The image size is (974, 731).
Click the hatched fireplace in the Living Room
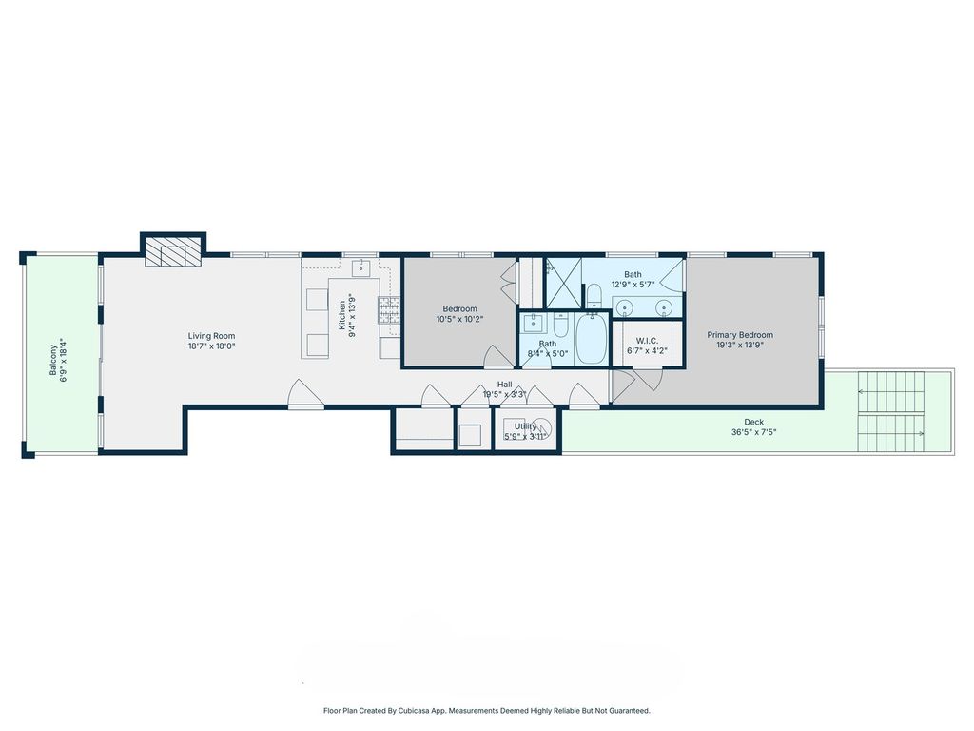173,251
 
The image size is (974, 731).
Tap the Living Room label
212,336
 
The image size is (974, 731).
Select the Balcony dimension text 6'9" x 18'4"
64,360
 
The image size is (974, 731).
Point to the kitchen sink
360,267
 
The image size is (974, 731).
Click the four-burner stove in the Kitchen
389,310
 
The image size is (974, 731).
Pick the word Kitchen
341,315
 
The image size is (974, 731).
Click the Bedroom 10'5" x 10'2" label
459,314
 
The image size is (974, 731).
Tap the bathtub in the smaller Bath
591,339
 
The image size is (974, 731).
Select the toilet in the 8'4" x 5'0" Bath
561,326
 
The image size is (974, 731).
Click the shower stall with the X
563,283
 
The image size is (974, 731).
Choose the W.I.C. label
647,341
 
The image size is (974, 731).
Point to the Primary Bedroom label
740,334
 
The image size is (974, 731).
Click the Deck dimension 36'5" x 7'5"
754,432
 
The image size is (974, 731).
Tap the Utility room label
525,426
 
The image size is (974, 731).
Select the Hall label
504,385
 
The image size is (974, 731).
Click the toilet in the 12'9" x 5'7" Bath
594,295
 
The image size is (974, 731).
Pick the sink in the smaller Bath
534,324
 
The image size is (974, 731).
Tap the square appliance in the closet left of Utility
470,435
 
